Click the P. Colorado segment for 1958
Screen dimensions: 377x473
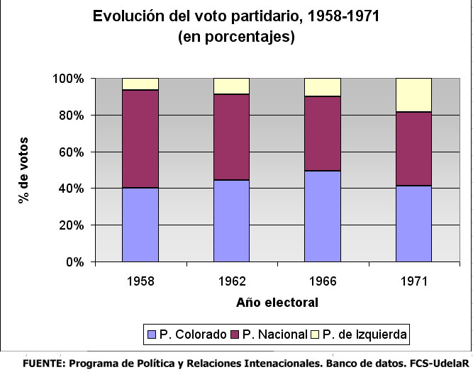pos(140,225)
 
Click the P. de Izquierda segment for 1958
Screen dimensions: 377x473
pos(140,84)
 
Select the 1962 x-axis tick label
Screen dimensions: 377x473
pos(232,281)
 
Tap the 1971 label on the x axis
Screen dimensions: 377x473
pos(414,281)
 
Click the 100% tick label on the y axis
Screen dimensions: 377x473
pos(69,78)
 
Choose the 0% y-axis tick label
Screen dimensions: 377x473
pos(74,262)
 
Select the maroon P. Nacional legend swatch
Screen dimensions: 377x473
pos(235,333)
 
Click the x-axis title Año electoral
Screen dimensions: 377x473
pos(277,303)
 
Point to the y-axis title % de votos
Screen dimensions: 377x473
pos(23,169)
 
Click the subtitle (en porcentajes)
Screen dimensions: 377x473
pos(237,38)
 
